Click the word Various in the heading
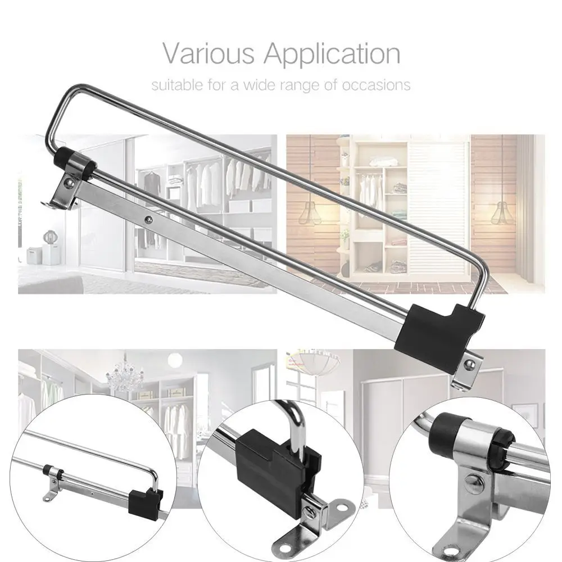[209, 53]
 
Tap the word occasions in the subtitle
[376, 85]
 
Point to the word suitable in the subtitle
[177, 85]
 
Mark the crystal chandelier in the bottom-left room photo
[124, 374]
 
